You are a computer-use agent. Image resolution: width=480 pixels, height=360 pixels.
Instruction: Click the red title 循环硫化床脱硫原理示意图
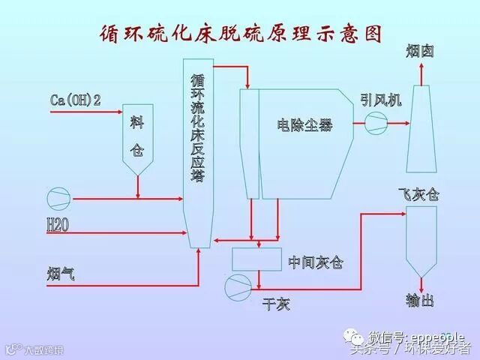(x=240, y=34)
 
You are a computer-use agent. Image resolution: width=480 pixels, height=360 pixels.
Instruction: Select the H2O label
(x=58, y=224)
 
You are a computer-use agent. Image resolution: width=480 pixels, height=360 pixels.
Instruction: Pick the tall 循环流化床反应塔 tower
(x=198, y=150)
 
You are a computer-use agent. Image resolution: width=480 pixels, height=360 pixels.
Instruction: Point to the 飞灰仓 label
(x=418, y=195)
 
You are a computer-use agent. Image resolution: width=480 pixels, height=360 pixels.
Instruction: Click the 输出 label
(x=420, y=301)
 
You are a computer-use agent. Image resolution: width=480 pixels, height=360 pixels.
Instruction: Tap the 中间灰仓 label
(x=316, y=262)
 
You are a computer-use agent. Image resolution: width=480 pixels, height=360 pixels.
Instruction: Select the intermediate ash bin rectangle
(x=256, y=259)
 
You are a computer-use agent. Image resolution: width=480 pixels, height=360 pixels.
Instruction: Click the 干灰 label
(x=275, y=304)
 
